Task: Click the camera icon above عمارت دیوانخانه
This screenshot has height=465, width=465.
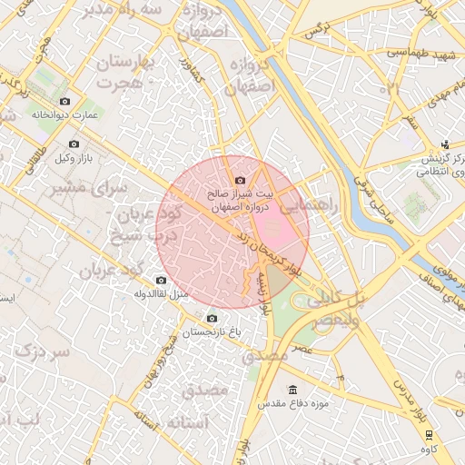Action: click(64, 101)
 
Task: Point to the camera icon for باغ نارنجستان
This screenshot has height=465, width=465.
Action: click(213, 319)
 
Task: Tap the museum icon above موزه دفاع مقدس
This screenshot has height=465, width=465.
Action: click(292, 388)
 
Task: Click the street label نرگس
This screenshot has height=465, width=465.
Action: click(313, 30)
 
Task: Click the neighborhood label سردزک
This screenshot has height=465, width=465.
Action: click(43, 351)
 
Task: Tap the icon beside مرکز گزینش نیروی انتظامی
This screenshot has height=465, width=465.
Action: click(445, 144)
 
